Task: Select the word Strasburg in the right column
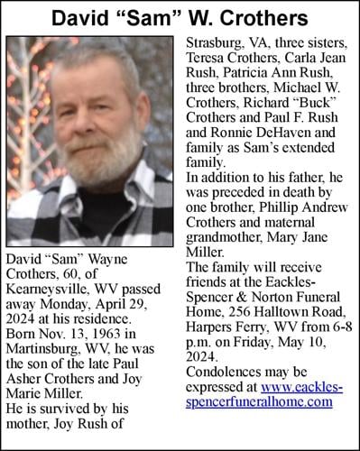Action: [x=215, y=43]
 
